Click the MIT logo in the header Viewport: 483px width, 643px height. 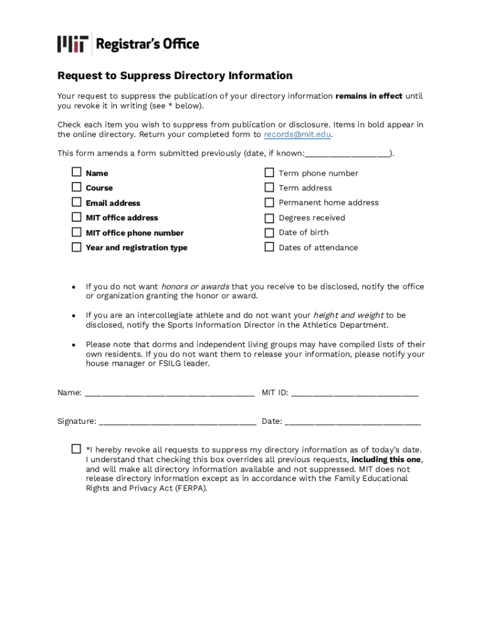tap(70, 44)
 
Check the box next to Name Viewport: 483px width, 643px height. tap(76, 172)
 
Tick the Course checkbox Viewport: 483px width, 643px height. tap(76, 187)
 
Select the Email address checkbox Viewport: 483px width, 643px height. tap(76, 202)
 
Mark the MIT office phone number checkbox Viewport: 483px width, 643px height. tap(76, 232)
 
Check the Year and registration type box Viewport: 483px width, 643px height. tap(76, 247)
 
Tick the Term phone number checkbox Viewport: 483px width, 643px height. tap(269, 173)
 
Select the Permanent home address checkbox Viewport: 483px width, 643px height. tap(269, 202)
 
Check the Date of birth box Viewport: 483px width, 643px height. tap(269, 232)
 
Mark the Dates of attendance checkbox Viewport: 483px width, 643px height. tap(269, 247)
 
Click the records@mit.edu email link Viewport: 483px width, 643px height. tap(297, 134)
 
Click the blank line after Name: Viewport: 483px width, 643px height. tap(169, 394)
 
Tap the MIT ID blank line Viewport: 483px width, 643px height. tap(354, 394)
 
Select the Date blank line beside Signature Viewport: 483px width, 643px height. tap(352, 422)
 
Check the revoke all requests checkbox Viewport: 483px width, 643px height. tap(76, 449)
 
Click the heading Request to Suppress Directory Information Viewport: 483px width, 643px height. tap(175, 76)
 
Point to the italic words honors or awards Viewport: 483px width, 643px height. tap(195, 286)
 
